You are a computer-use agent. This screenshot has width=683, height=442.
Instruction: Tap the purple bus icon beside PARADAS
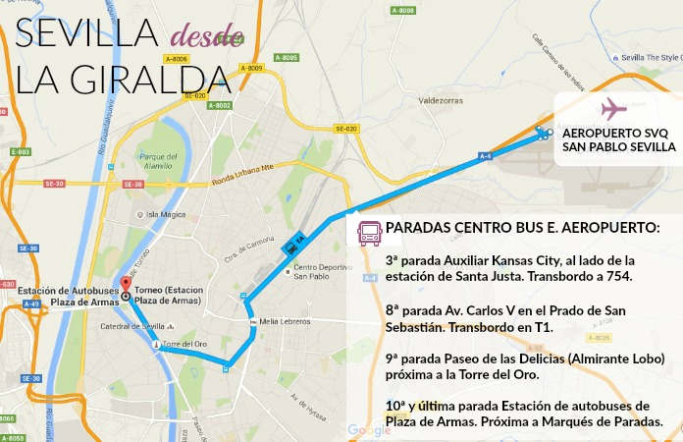(368, 233)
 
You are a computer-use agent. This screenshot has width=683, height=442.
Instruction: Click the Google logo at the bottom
(368, 430)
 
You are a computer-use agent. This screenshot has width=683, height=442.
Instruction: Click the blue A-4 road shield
(484, 155)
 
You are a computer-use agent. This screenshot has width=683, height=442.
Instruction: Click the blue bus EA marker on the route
(291, 248)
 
